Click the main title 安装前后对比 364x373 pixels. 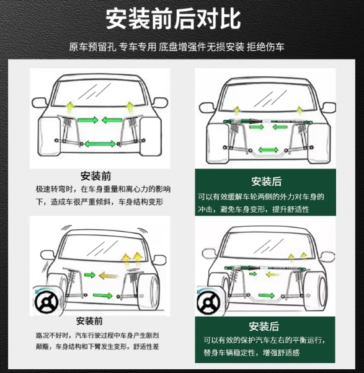[x=173, y=19]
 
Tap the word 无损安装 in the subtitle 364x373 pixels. [x=225, y=47]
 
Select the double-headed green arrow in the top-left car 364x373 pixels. [x=100, y=144]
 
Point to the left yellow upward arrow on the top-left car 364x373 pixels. [x=69, y=107]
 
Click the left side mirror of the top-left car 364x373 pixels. [x=39, y=103]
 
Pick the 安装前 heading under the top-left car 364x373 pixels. [x=95, y=176]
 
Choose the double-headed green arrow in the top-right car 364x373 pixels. [x=269, y=150]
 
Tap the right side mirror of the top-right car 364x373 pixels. [x=329, y=108]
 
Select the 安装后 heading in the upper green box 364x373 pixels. [x=267, y=182]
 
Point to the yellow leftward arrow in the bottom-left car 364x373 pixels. [x=109, y=276]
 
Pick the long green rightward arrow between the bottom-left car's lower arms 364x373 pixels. [x=102, y=296]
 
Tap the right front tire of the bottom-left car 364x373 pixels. [x=148, y=291]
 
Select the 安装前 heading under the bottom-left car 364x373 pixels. [x=89, y=321]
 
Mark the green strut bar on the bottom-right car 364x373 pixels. [x=267, y=268]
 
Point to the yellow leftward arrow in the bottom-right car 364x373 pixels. [x=273, y=274]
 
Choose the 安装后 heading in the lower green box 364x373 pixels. [x=264, y=327]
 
